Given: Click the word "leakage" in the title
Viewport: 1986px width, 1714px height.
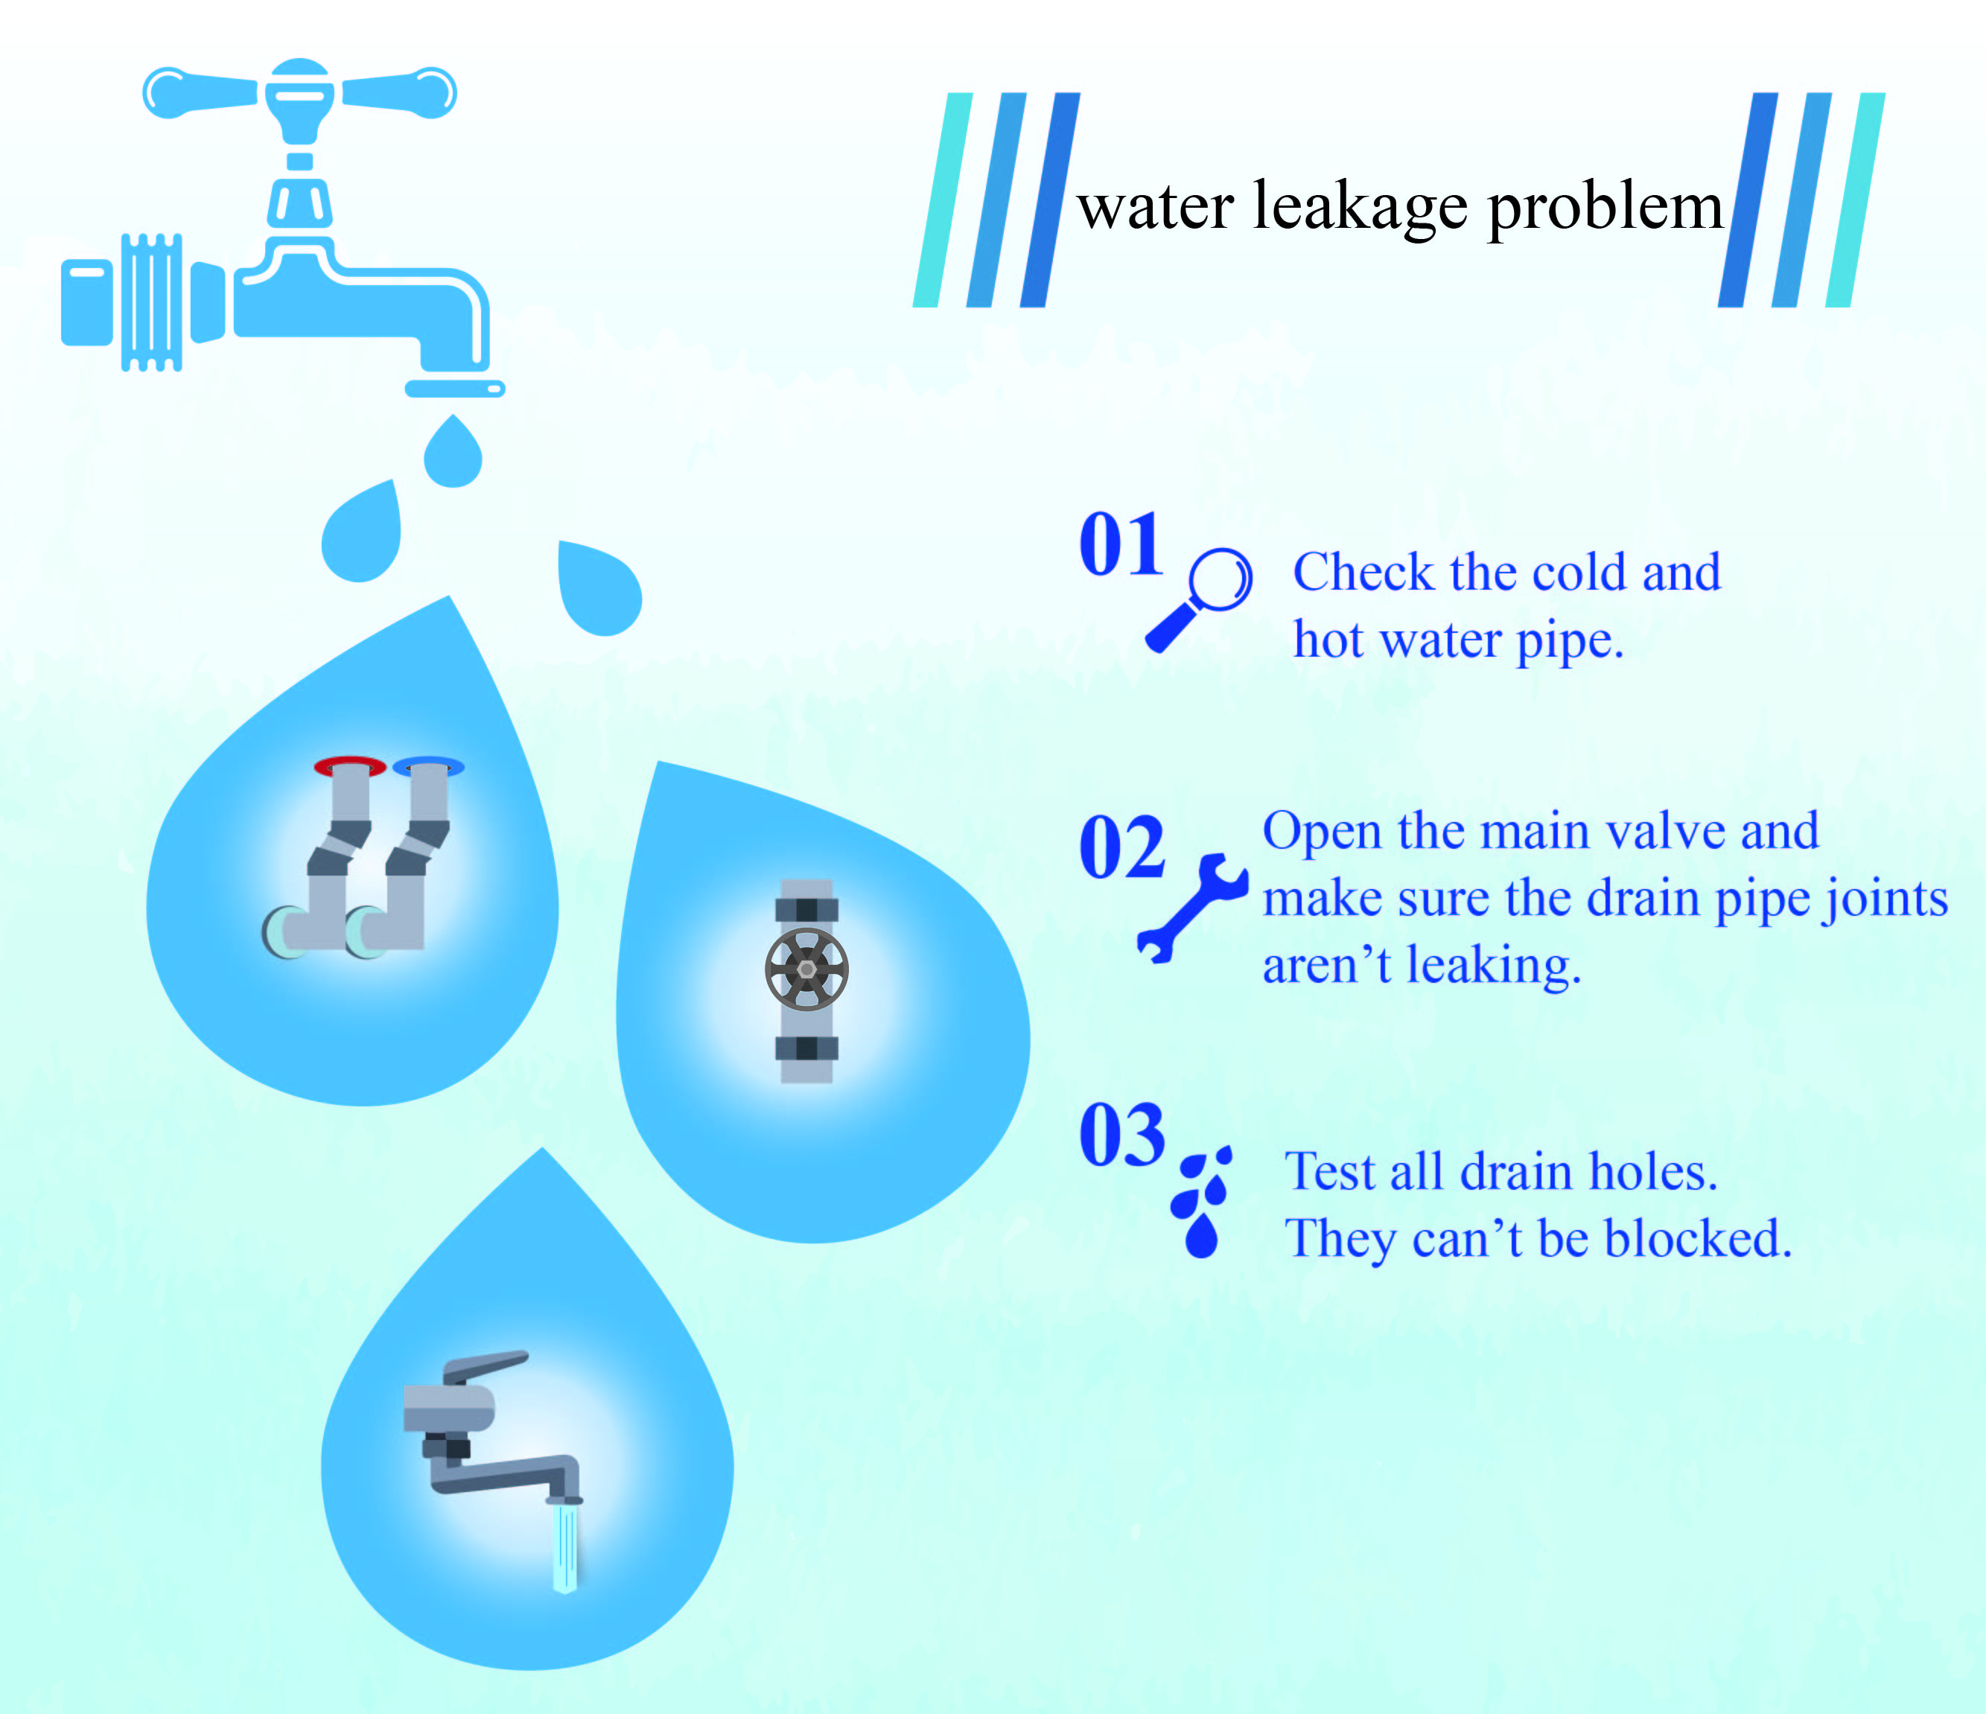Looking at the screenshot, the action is click(x=1359, y=207).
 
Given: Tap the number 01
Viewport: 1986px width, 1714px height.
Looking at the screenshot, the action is click(x=1121, y=544).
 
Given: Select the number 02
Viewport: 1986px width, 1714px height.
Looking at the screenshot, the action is click(x=1121, y=847).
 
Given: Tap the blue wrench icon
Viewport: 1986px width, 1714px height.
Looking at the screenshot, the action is click(x=1191, y=908).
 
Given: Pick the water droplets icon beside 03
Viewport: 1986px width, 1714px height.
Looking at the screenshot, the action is click(x=1202, y=1202).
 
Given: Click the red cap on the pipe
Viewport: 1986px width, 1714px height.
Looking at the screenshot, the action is click(x=350, y=766).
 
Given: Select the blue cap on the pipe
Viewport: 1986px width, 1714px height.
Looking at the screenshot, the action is click(x=428, y=766).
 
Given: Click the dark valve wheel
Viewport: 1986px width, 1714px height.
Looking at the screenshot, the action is click(x=807, y=969).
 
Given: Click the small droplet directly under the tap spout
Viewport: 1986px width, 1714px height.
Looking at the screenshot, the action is click(x=453, y=450).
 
